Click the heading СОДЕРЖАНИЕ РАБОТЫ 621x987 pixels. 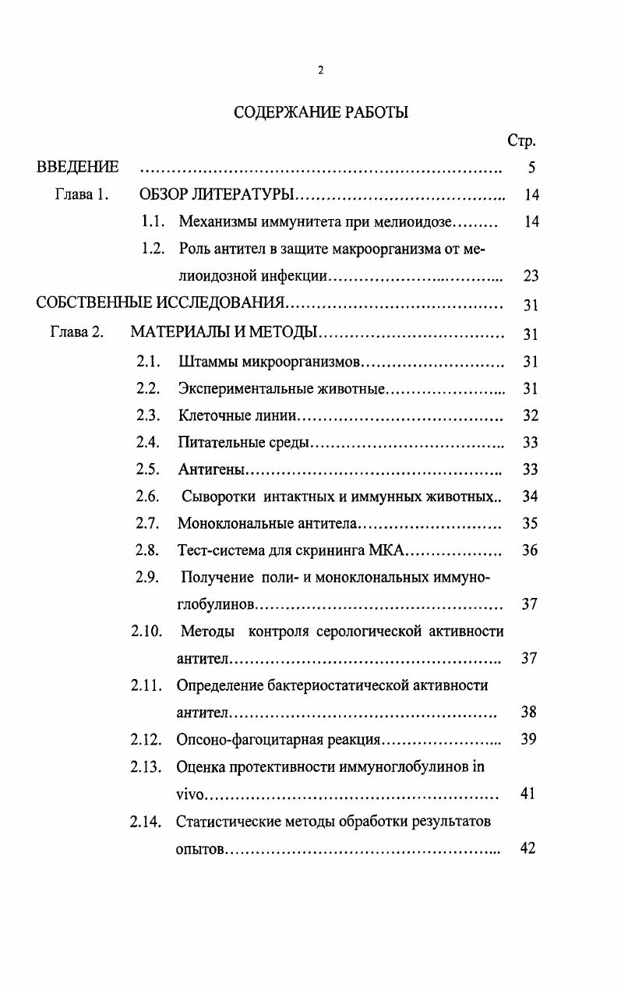click(x=321, y=112)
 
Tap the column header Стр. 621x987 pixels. click(x=521, y=141)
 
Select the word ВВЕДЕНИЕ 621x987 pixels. click(x=78, y=167)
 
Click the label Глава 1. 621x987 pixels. click(x=81, y=194)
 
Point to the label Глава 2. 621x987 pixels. click(x=76, y=334)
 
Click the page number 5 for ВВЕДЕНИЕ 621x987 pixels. click(x=531, y=168)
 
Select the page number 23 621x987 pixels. click(x=531, y=276)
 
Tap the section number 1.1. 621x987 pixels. click(x=153, y=221)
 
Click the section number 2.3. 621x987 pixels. click(x=148, y=416)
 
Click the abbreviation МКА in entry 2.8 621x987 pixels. click(x=384, y=550)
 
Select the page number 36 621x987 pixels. click(x=530, y=550)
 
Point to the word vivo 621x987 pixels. click(x=189, y=794)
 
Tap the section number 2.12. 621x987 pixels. click(x=146, y=739)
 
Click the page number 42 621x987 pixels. click(x=527, y=848)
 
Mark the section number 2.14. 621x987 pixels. click(x=146, y=821)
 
